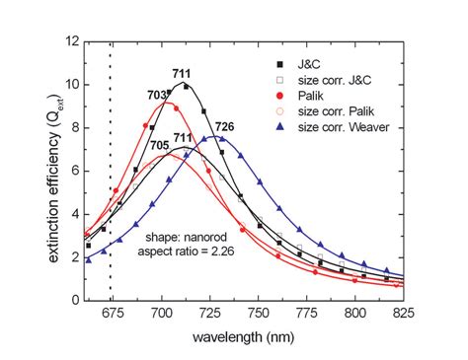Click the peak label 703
click(x=161, y=95)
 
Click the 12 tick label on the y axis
click(x=69, y=41)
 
